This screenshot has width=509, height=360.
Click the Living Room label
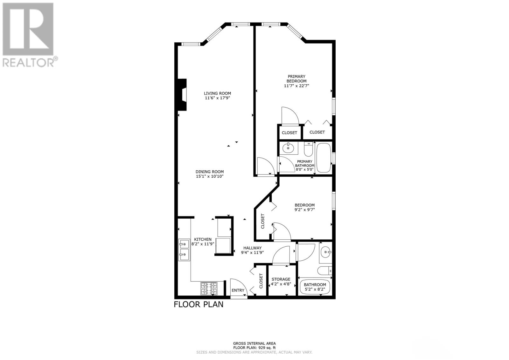point(217,93)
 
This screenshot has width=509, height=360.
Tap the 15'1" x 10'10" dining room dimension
point(210,176)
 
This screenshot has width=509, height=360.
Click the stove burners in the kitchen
point(209,289)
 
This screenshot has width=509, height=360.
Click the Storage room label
point(281,279)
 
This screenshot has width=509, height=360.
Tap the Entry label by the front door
point(238,290)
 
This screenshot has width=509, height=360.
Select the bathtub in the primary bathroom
point(324,158)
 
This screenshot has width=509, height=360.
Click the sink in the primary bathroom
point(289,148)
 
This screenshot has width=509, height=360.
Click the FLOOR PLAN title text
point(199,304)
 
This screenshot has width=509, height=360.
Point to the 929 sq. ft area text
point(254,348)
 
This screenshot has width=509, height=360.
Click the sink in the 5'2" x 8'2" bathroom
point(325,252)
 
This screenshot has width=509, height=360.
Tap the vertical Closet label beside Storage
point(261,281)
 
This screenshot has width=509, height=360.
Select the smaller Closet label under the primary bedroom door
point(289,133)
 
